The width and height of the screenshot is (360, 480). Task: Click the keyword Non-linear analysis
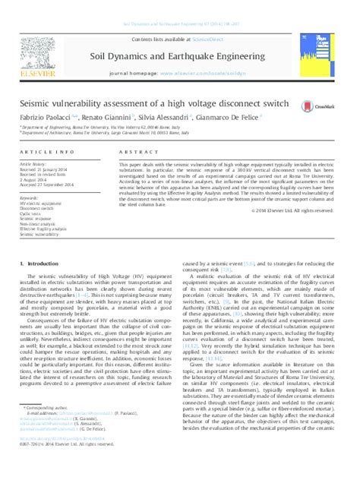coord(37,225)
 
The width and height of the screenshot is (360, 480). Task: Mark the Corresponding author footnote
coord(45,430)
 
